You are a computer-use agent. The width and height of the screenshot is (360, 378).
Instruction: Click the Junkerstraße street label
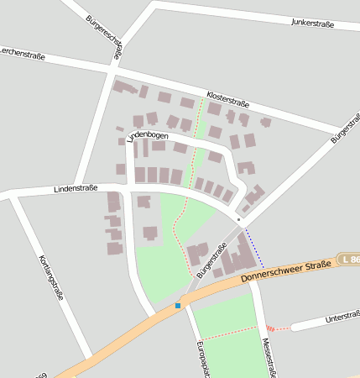[x=312, y=23]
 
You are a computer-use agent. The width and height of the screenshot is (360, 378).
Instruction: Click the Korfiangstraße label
[x=52, y=277]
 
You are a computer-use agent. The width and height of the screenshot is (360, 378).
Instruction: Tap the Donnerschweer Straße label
[x=285, y=270]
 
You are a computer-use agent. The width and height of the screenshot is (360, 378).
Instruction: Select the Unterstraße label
[x=342, y=318]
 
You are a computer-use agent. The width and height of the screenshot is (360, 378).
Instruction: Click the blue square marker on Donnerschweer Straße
[x=178, y=306]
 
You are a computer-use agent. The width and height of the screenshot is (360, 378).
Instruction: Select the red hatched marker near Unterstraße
[x=270, y=328]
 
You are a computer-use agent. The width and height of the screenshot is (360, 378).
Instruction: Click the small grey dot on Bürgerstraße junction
[x=238, y=219]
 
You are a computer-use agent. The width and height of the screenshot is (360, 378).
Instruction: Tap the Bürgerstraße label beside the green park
[x=211, y=260]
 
